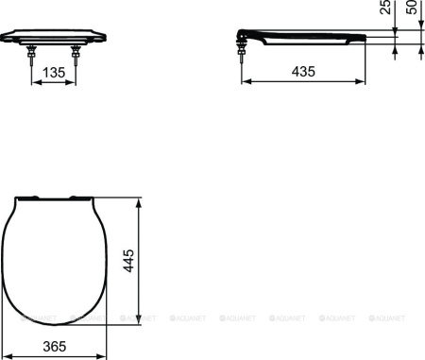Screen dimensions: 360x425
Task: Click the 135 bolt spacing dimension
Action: click(55, 71)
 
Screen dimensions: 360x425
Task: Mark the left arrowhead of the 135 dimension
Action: click(37, 82)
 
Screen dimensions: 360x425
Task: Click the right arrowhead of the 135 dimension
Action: click(73, 82)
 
